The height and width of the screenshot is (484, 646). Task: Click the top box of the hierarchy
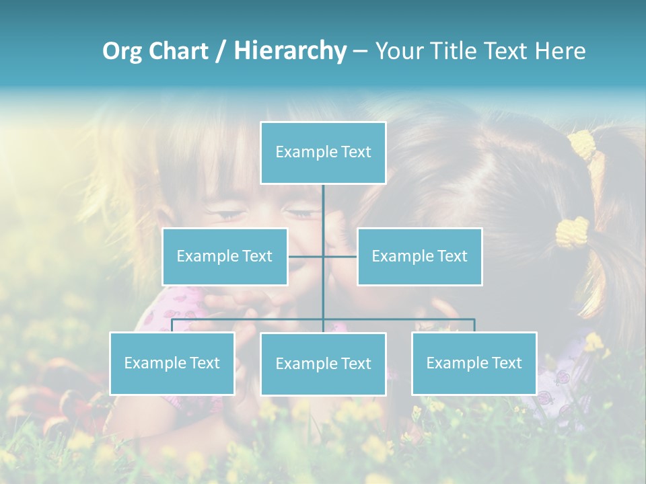click(x=323, y=153)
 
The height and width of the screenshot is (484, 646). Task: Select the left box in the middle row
click(x=225, y=256)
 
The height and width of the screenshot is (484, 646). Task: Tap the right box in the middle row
click(x=419, y=256)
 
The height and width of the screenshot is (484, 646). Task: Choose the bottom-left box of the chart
click(x=172, y=363)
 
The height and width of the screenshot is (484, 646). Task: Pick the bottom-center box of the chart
click(x=323, y=364)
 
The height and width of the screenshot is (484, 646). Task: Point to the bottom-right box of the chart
click(x=474, y=363)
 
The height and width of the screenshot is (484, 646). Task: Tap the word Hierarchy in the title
click(x=290, y=51)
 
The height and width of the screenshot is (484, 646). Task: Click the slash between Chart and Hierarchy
click(x=221, y=51)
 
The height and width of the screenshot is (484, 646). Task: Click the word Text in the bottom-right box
click(x=506, y=363)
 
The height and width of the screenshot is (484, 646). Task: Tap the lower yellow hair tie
click(x=572, y=231)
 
